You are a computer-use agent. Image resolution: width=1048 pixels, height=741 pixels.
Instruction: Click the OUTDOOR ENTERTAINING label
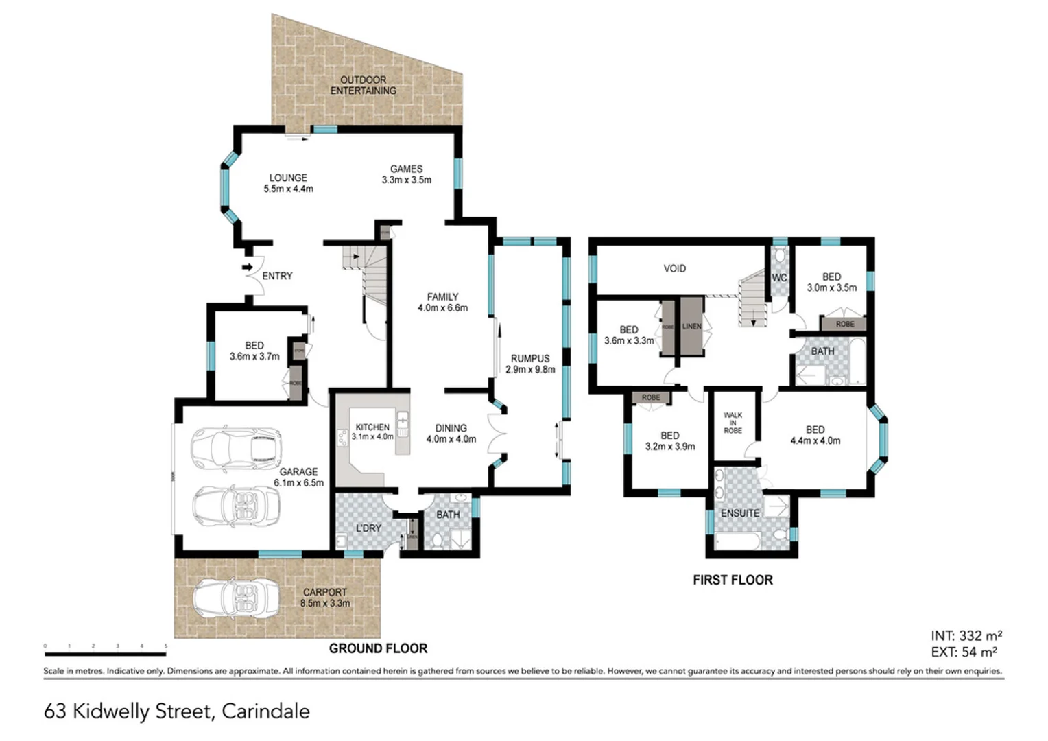click(x=363, y=85)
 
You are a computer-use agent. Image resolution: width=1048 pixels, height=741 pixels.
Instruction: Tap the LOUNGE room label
click(x=288, y=183)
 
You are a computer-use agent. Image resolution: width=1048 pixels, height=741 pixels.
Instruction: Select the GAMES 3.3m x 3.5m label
click(x=406, y=174)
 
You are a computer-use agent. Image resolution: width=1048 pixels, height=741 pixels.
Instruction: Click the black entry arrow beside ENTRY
click(x=248, y=268)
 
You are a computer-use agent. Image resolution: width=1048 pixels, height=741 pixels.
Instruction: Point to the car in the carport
click(x=237, y=598)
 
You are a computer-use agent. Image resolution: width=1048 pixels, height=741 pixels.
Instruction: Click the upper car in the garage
click(x=237, y=449)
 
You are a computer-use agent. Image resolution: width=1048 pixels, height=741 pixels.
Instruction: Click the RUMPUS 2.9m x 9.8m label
click(x=530, y=364)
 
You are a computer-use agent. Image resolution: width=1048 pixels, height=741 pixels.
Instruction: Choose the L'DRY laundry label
click(x=368, y=528)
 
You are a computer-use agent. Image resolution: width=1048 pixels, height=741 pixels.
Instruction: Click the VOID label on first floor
click(x=674, y=268)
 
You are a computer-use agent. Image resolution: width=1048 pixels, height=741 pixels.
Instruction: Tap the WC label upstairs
click(x=779, y=278)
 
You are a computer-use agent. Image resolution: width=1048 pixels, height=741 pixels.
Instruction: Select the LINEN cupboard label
click(x=692, y=326)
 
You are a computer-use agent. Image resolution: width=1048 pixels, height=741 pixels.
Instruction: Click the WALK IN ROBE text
click(x=733, y=423)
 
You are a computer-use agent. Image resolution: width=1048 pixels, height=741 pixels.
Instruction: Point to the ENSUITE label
click(x=739, y=513)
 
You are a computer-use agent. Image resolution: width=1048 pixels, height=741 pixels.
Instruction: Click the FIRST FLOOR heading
click(x=733, y=580)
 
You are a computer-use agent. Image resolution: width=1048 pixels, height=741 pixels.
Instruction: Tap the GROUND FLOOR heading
click(x=378, y=648)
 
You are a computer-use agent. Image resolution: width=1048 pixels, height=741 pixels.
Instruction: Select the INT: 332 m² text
click(x=966, y=636)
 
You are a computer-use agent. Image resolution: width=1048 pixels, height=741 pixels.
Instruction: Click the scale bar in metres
click(x=106, y=654)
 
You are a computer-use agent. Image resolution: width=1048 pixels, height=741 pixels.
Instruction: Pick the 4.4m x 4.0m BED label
click(x=815, y=435)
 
